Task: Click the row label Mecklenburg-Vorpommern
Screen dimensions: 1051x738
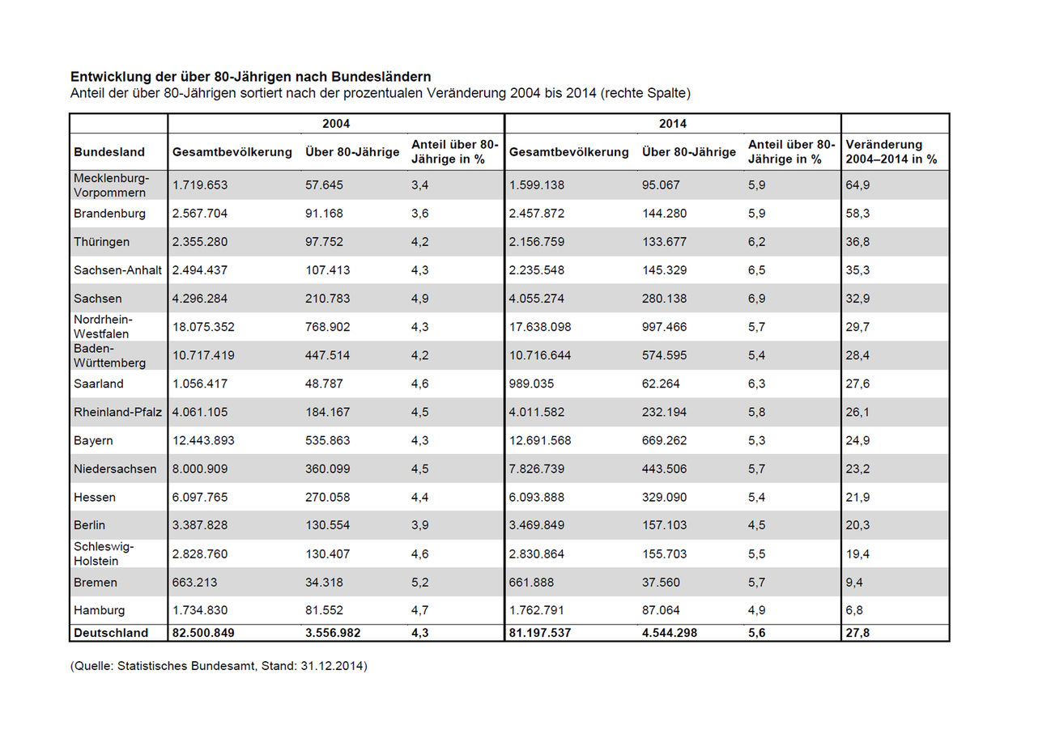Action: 111,185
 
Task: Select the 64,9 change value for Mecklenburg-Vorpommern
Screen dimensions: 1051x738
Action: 857,185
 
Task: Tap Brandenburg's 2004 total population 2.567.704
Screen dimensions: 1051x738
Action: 199,214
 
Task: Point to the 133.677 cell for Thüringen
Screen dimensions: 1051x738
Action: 664,242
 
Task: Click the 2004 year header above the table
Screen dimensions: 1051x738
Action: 336,124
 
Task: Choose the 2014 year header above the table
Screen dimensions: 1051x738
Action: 672,124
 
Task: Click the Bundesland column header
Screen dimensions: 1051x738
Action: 109,152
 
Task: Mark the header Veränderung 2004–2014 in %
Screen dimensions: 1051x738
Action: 891,152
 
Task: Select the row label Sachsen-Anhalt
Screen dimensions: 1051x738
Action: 117,270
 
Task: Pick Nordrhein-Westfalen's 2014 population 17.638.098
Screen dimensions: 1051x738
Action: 540,327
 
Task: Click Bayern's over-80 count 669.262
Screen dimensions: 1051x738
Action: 664,440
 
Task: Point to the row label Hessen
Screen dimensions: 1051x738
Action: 94,497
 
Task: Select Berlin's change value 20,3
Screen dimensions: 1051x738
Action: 857,525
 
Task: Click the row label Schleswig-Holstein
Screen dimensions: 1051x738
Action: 104,553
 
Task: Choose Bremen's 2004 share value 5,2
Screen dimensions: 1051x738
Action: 420,583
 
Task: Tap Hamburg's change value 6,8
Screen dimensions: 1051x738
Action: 854,610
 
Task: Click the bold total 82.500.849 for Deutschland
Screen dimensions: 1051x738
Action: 203,633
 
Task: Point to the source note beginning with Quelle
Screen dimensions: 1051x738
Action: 219,666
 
